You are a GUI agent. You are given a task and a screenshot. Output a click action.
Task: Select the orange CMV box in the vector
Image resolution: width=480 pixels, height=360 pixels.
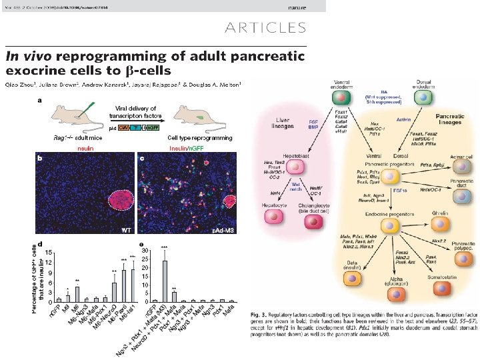(x=124, y=127)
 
